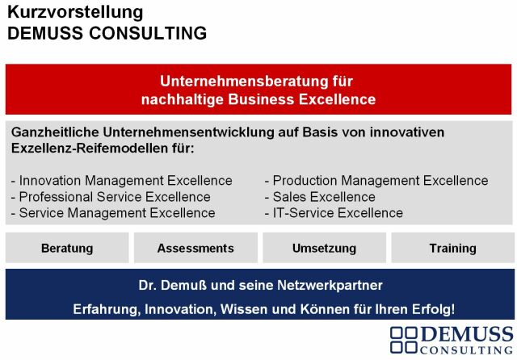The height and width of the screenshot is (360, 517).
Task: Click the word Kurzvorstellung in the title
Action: click(x=75, y=13)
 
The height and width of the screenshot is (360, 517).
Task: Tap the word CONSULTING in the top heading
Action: click(x=148, y=33)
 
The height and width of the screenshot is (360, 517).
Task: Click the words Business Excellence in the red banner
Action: click(x=301, y=99)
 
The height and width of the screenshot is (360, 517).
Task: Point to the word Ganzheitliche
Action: click(x=55, y=132)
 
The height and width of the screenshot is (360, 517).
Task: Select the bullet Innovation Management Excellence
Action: click(x=122, y=181)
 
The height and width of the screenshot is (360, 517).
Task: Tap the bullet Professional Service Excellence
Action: click(x=111, y=197)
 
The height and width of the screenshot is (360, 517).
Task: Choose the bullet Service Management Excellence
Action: click(x=113, y=213)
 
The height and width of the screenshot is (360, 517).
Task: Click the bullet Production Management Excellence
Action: click(x=376, y=181)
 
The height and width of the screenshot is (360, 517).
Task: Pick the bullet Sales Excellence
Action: click(x=320, y=197)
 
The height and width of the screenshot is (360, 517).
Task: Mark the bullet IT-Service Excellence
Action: click(x=334, y=213)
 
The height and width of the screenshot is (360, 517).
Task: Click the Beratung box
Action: click(x=67, y=248)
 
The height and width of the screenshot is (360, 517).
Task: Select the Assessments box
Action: click(x=195, y=248)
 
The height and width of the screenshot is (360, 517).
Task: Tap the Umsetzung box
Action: click(x=324, y=248)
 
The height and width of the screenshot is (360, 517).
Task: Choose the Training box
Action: click(x=452, y=248)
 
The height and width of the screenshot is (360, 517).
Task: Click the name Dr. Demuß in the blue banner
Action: click(x=172, y=285)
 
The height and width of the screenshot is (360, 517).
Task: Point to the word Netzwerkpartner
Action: click(x=330, y=285)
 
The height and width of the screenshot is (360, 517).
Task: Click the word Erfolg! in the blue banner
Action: click(x=434, y=309)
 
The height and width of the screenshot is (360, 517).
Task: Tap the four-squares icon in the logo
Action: click(x=404, y=340)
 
